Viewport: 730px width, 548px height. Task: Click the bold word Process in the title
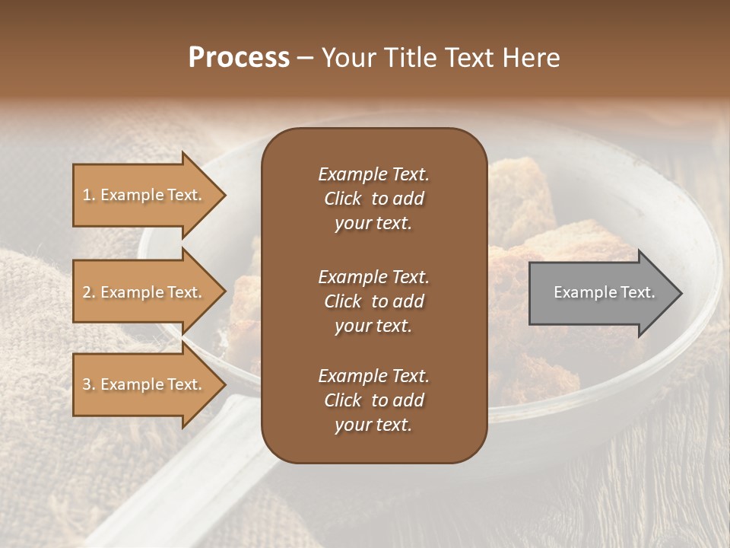tap(239, 58)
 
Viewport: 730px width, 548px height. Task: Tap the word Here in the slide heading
tap(529, 58)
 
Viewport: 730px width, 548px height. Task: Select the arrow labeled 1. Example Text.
tap(144, 195)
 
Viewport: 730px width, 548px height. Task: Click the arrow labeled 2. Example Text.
tap(144, 292)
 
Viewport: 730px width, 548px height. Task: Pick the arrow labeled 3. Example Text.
tap(144, 384)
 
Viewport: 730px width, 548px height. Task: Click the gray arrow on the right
tap(601, 292)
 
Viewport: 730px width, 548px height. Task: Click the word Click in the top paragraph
tap(342, 199)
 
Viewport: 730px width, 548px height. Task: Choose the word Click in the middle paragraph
tap(342, 301)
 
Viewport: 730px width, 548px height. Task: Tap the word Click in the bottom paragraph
tap(342, 400)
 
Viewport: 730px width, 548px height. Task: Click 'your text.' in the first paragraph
tap(373, 224)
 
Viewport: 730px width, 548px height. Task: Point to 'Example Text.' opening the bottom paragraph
tap(373, 376)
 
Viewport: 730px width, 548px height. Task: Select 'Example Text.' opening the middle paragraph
tap(373, 277)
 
